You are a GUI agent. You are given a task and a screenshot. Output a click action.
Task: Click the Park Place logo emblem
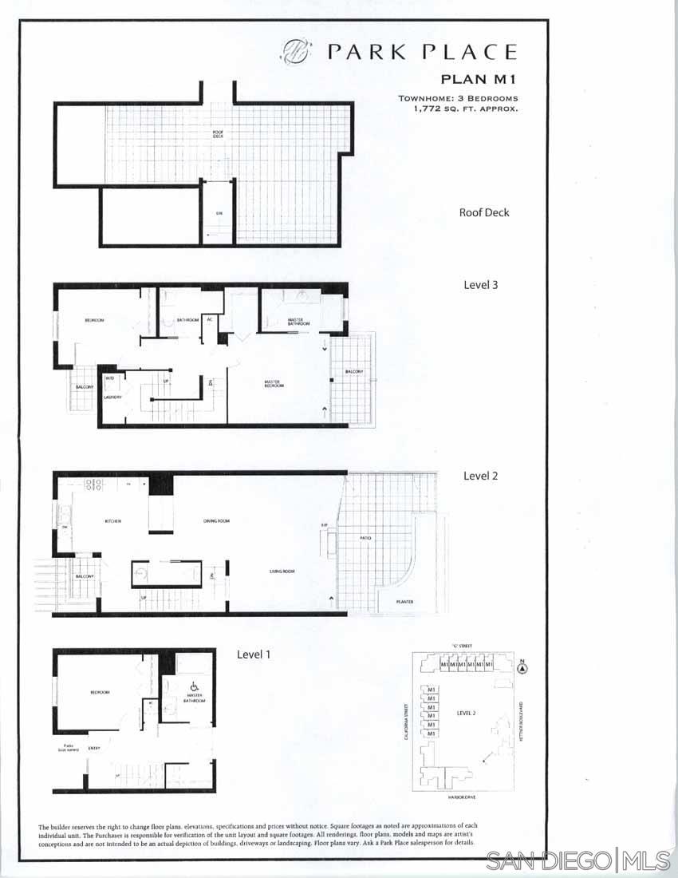pyautogui.click(x=294, y=53)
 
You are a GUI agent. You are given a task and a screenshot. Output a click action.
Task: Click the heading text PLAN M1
pyautogui.click(x=479, y=79)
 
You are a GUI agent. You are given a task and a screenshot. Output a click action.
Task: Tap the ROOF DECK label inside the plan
pyautogui.click(x=218, y=134)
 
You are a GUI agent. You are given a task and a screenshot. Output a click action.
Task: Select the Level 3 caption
pyautogui.click(x=480, y=284)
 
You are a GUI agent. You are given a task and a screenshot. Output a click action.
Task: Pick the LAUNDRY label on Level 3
pyautogui.click(x=112, y=396)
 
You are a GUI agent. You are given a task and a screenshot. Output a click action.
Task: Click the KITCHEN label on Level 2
pyautogui.click(x=112, y=521)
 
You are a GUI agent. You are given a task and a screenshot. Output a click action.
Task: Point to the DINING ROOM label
pyautogui.click(x=216, y=521)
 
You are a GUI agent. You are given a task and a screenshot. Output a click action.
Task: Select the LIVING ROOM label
pyautogui.click(x=282, y=571)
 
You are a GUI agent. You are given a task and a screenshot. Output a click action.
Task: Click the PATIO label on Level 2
pyautogui.click(x=365, y=539)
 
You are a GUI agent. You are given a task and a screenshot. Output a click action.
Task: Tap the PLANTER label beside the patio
pyautogui.click(x=405, y=602)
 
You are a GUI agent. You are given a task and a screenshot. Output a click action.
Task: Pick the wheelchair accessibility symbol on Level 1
pyautogui.click(x=194, y=686)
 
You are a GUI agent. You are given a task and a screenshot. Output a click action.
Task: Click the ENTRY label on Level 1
pyautogui.click(x=94, y=748)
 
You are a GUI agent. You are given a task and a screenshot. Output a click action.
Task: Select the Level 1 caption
pyautogui.click(x=254, y=655)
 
